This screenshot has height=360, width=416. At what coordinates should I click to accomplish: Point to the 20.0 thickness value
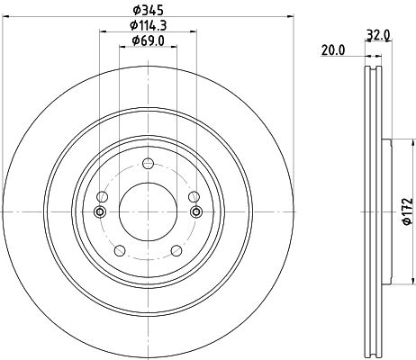[x=334, y=51]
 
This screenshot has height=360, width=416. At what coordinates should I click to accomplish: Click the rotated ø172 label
[x=406, y=210]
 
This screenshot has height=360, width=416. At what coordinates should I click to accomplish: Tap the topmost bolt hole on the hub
[x=148, y=163]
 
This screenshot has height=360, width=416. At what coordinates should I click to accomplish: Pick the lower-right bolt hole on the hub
[x=176, y=251]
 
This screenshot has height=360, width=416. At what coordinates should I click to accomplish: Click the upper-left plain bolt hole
[x=102, y=197]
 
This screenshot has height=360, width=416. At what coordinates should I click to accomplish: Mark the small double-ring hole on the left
[x=99, y=211]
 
